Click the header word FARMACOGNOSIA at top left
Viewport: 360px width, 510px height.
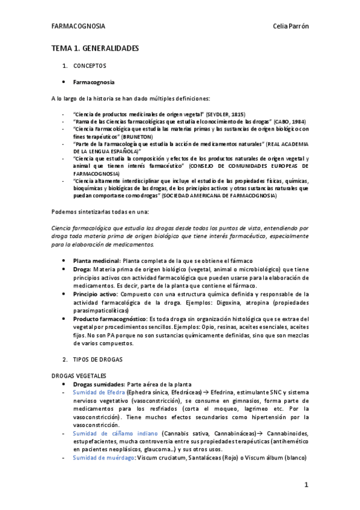click(x=79, y=27)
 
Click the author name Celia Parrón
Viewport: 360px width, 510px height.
click(x=290, y=27)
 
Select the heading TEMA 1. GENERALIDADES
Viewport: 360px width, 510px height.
click(x=95, y=48)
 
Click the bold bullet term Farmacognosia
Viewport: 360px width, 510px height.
click(x=94, y=82)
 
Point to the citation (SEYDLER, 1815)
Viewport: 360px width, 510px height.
click(x=225, y=114)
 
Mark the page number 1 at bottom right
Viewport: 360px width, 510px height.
click(x=306, y=484)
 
